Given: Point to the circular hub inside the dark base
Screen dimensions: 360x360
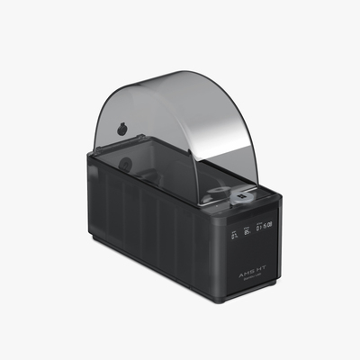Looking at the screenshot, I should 125,165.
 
